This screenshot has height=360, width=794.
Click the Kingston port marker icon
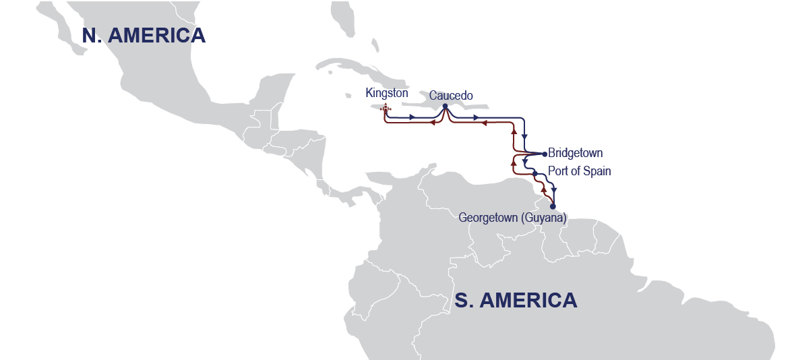point(385,108)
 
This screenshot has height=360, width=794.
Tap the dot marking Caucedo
point(446,106)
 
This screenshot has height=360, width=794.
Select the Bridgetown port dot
point(545,154)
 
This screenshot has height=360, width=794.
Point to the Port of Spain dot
point(535,174)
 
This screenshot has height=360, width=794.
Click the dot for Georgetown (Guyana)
point(553,206)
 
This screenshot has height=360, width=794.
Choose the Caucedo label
point(450,95)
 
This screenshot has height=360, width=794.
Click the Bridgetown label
point(575,153)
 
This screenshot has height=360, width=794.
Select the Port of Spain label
point(579,171)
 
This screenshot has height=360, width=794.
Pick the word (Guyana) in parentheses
point(543,218)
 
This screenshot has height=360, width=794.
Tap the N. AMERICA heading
point(144,36)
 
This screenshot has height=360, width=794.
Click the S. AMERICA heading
point(516,300)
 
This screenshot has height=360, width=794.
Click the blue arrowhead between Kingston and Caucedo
point(412,118)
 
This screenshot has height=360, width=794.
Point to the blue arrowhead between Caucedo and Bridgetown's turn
point(476,118)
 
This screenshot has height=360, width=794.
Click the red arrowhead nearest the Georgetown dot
point(544,191)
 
